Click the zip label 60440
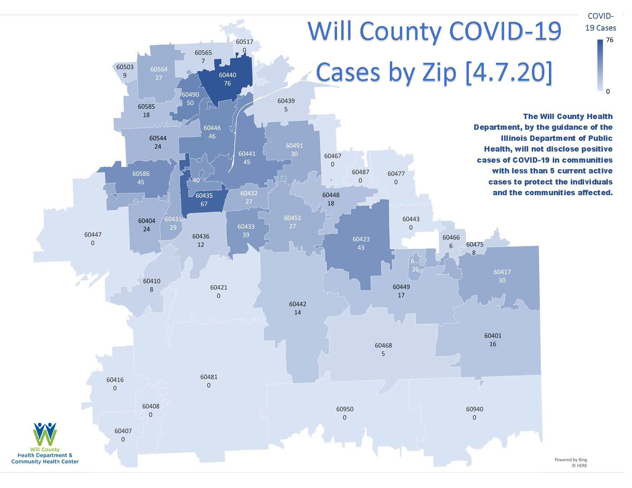(228, 75)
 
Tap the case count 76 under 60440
(228, 83)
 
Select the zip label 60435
(204, 196)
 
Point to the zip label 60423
(361, 239)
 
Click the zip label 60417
(502, 272)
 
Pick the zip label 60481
(209, 377)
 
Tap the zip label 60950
(345, 409)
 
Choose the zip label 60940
(475, 409)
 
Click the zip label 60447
(93, 235)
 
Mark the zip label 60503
(125, 67)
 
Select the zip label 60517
(244, 42)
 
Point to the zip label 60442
(298, 304)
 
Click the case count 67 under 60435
(204, 204)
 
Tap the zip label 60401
(493, 336)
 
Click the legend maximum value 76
(609, 40)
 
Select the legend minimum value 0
(608, 91)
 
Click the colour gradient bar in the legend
(600, 65)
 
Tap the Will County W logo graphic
(45, 434)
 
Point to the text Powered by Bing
(570, 460)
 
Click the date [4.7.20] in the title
(509, 72)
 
